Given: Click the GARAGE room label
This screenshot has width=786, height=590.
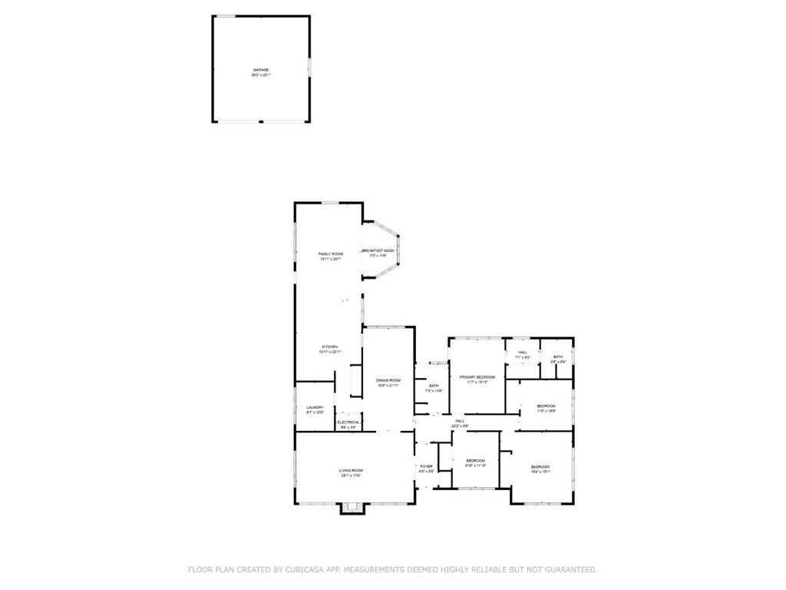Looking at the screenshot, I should [261, 70].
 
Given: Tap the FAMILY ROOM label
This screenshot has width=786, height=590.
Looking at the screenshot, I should [331, 254].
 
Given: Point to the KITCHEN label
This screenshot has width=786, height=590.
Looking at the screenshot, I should [329, 347].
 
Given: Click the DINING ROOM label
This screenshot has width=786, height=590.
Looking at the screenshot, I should [388, 380].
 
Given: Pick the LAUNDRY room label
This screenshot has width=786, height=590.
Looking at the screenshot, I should [315, 407].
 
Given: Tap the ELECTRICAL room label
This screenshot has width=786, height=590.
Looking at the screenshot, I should [348, 423].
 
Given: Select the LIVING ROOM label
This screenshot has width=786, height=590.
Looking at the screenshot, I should [351, 470].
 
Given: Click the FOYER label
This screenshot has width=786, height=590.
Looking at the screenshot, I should [426, 466].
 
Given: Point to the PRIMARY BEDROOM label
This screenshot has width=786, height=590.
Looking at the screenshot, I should [477, 377].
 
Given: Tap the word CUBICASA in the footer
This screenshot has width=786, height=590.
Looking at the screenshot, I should [305, 570].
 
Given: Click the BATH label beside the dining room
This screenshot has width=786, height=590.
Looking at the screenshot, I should [434, 386].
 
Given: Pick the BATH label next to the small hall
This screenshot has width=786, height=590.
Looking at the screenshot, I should [558, 356].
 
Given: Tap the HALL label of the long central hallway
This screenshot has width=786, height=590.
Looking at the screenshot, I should [460, 420].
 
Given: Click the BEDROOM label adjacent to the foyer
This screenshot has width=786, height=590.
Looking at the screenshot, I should [475, 461].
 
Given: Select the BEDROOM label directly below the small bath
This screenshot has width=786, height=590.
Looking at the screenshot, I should [546, 406].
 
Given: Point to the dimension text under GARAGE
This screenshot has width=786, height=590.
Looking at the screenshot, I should [261, 75].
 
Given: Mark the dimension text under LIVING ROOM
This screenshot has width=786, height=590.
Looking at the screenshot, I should [351, 476].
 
